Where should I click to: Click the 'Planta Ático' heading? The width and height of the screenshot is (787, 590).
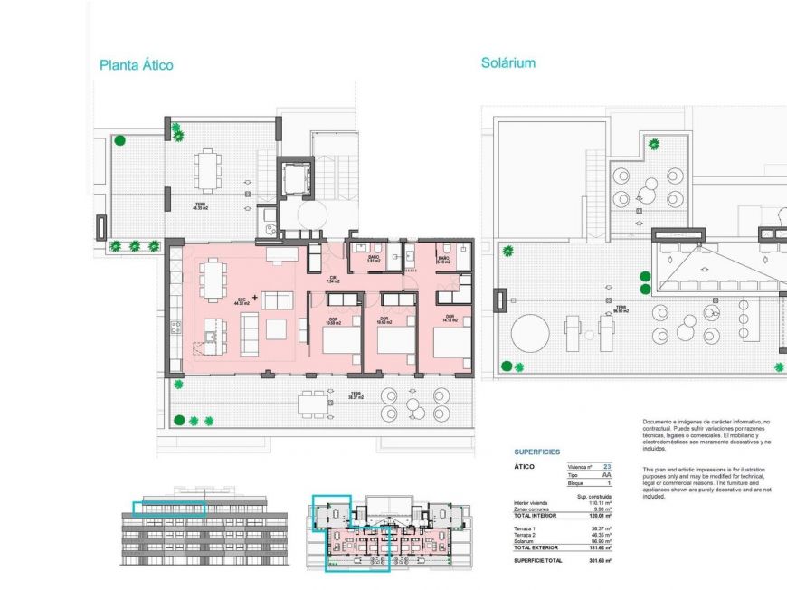tap(136, 65)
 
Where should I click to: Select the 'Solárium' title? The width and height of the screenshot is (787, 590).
tap(508, 63)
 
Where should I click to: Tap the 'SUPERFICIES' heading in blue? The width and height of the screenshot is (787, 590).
tap(537, 452)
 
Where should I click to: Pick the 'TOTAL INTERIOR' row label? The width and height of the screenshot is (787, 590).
tap(536, 515)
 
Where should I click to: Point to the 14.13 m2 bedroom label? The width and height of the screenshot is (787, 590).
tap(449, 319)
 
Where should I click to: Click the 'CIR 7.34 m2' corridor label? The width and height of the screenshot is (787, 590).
tap(333, 281)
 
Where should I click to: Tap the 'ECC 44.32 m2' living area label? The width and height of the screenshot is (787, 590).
tap(242, 302)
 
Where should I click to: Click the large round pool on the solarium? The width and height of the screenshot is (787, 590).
tap(530, 334)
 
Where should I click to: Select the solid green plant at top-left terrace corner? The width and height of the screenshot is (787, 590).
tap(119, 139)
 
